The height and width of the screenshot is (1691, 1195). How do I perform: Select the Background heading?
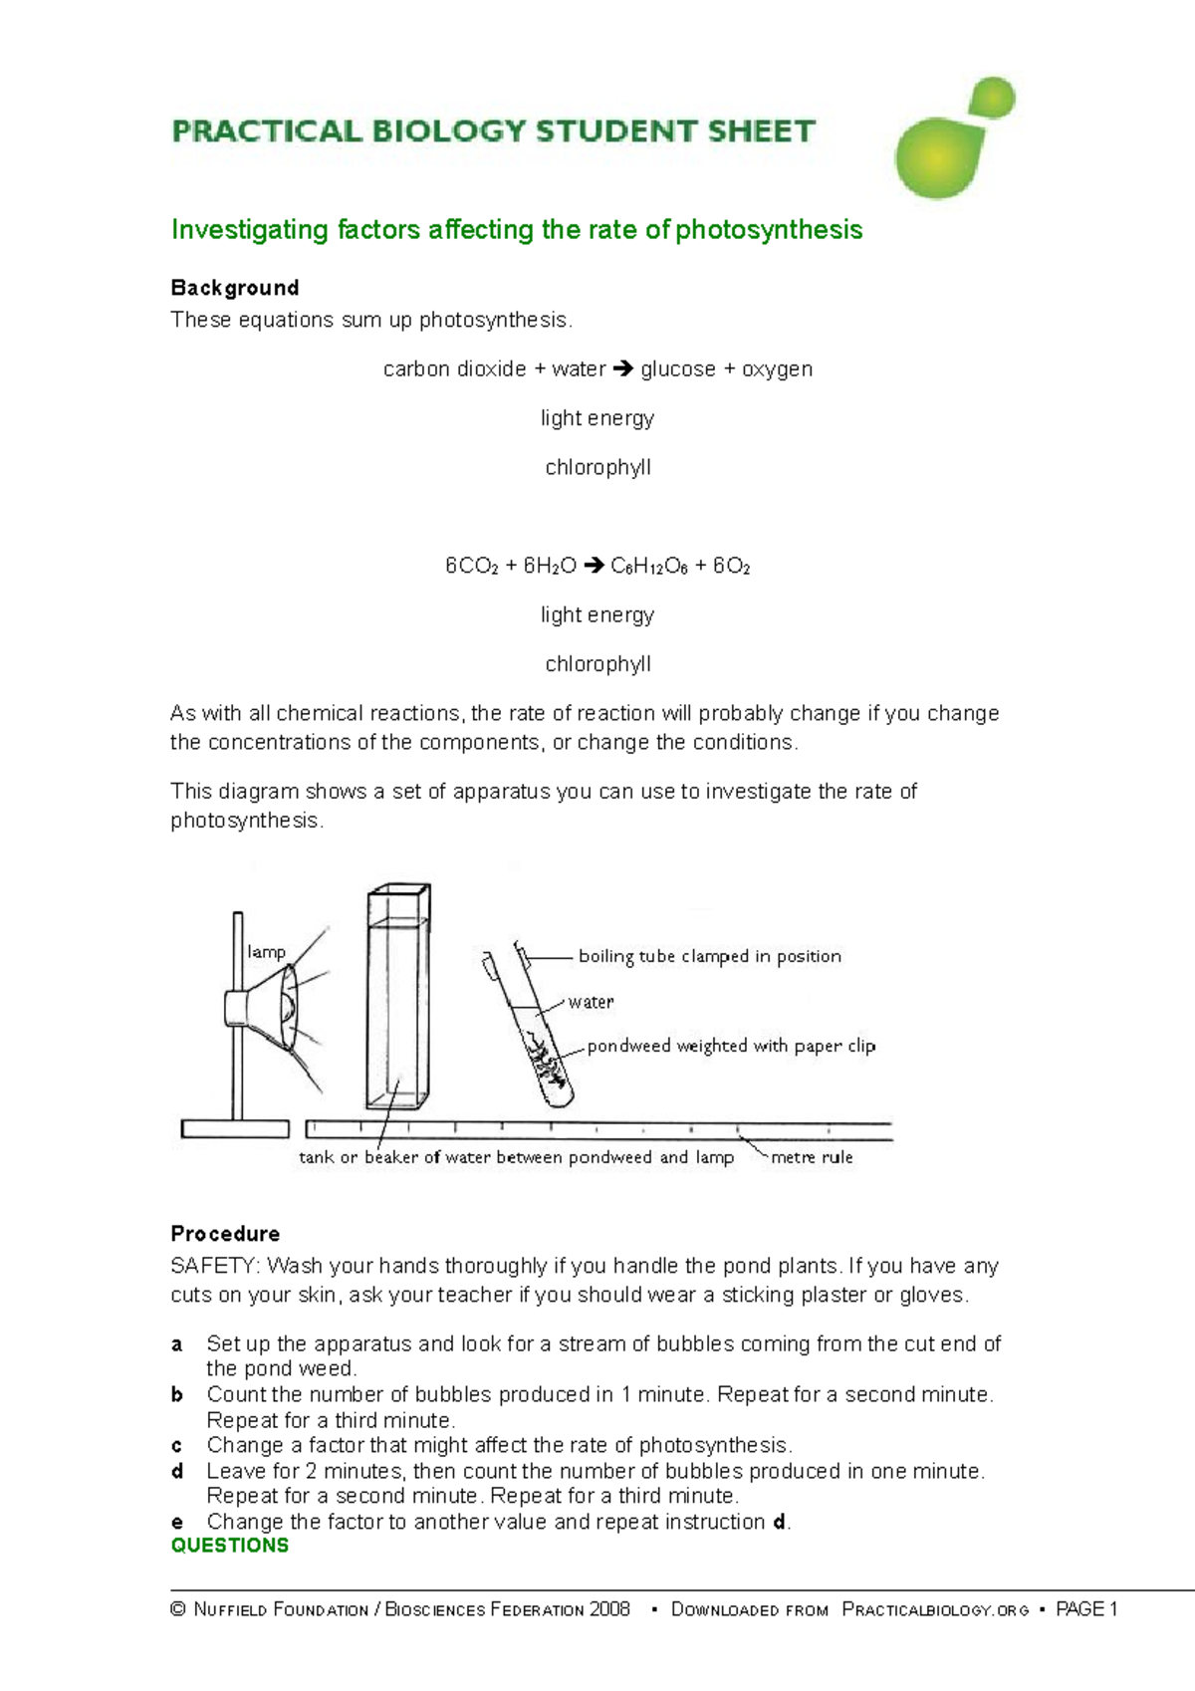click(x=235, y=288)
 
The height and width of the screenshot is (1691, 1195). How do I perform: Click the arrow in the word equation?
click(x=623, y=369)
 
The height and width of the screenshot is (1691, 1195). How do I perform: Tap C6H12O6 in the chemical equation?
click(x=648, y=567)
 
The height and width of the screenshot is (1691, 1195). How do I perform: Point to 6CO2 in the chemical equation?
click(x=472, y=567)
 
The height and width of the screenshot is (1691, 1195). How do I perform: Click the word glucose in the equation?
click(x=678, y=369)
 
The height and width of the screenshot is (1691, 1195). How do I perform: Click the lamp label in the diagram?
click(x=266, y=952)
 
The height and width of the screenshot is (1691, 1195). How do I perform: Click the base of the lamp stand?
click(x=235, y=1128)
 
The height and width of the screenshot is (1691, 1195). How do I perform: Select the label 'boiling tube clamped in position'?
click(x=709, y=956)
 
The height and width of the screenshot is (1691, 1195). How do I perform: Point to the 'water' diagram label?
click(x=591, y=1002)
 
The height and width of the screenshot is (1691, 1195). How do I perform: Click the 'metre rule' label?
click(x=812, y=1157)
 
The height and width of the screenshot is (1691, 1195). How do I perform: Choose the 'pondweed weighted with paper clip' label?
click(x=731, y=1046)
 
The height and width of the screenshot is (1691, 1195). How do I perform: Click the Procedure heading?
click(x=225, y=1234)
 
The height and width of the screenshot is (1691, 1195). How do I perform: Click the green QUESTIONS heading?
click(x=230, y=1546)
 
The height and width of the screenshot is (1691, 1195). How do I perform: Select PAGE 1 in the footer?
click(x=1086, y=1609)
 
